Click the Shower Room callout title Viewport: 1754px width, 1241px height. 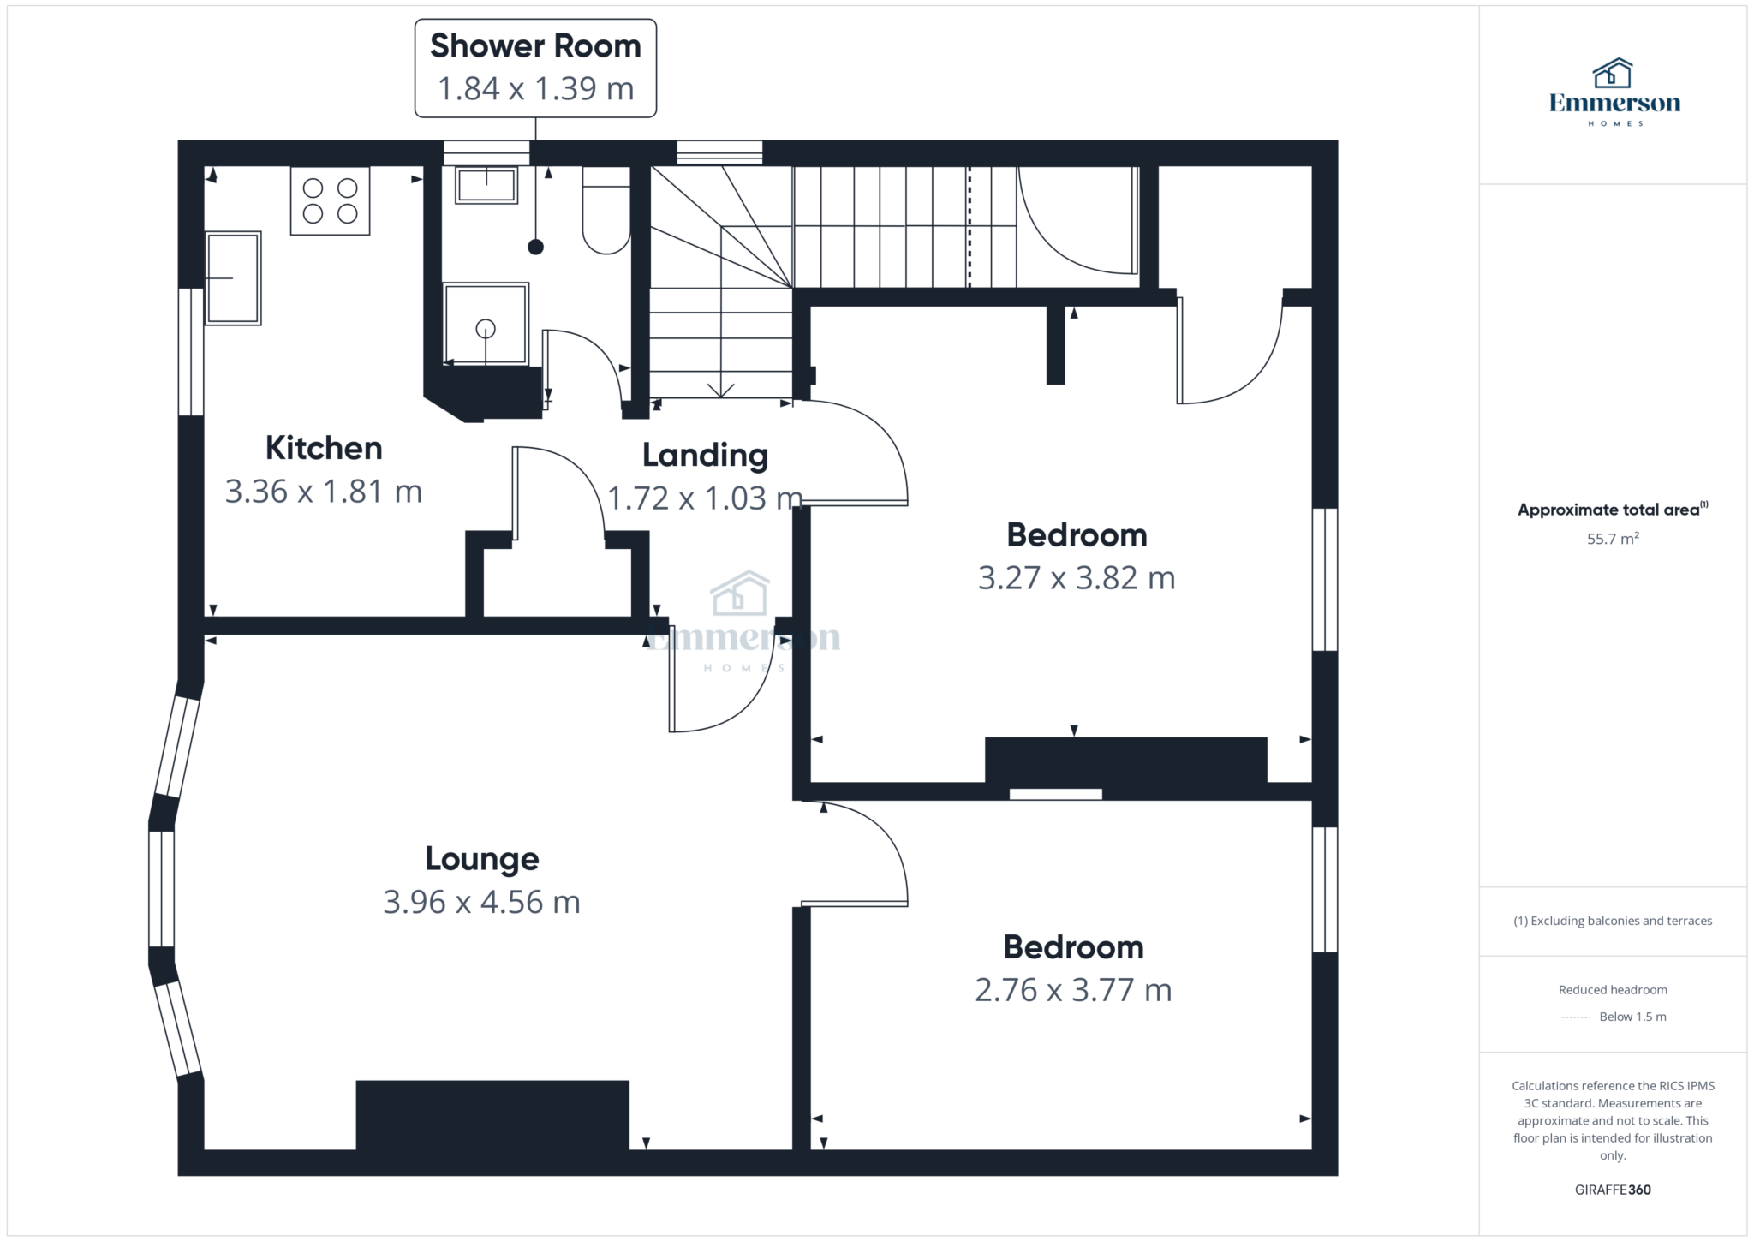click(535, 46)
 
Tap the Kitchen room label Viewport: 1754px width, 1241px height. click(324, 448)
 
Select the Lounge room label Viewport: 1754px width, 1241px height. click(482, 858)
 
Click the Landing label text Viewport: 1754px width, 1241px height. click(705, 456)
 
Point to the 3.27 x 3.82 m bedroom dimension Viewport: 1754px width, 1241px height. click(1077, 578)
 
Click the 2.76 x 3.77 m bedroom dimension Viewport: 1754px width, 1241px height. click(1073, 990)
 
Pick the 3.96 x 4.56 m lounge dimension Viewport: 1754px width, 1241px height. click(481, 902)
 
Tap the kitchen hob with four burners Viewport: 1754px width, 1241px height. click(331, 200)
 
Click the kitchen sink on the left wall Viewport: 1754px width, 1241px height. click(233, 278)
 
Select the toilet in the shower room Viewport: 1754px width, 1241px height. click(606, 211)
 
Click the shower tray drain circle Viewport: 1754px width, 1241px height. click(486, 328)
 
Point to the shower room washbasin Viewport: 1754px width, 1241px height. click(486, 184)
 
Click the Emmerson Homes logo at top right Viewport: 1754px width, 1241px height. click(1614, 92)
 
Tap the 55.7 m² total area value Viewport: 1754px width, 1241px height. click(1613, 539)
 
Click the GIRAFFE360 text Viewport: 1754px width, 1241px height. click(1613, 1190)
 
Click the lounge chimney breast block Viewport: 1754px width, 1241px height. click(492, 1115)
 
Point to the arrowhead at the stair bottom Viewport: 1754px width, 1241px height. click(721, 391)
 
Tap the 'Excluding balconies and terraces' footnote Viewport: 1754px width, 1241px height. click(1613, 921)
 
